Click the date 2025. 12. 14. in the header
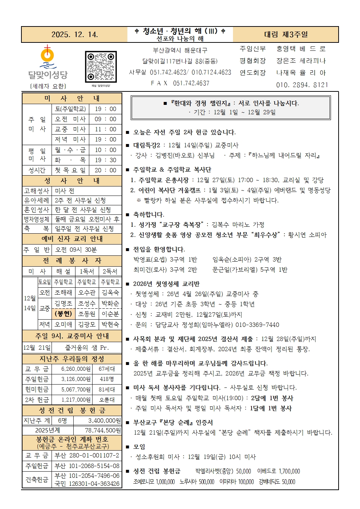[74, 34]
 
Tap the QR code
[101, 67]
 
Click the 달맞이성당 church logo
[48, 63]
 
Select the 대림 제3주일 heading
[286, 34]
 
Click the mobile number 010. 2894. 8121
[302, 85]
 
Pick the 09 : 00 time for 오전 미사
[106, 119]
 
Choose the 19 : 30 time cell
[106, 160]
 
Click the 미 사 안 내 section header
[72, 98]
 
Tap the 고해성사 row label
[37, 191]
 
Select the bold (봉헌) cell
[64, 314]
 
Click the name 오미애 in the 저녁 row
[64, 324]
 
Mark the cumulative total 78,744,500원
[103, 430]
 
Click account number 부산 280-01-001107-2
[87, 455]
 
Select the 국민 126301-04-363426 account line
[87, 484]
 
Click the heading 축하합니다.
[148, 215]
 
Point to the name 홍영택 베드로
[301, 49]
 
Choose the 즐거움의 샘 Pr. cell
[87, 348]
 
